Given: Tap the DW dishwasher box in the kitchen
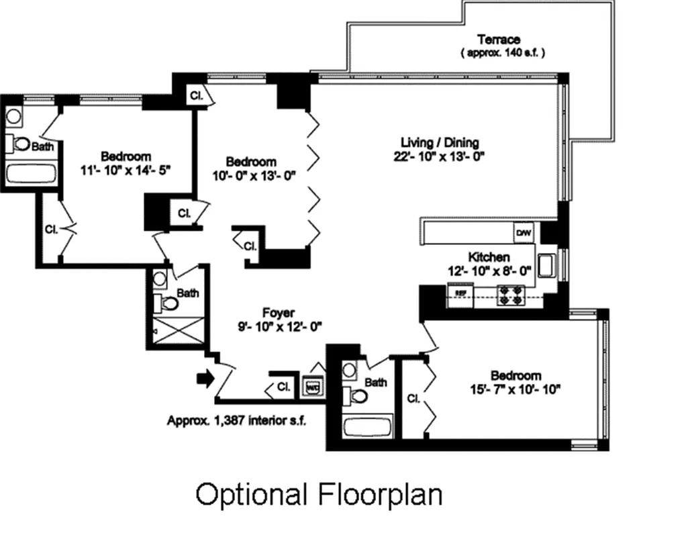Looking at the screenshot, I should (x=524, y=233).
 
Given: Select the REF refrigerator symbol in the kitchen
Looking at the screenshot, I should (x=460, y=293).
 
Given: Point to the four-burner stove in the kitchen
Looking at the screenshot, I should (x=510, y=295).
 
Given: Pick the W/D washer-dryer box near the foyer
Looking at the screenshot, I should (x=313, y=387).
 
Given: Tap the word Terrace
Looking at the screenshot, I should (x=498, y=40).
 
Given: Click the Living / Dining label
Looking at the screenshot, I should (x=440, y=142).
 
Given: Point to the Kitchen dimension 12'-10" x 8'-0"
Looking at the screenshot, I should (x=489, y=271).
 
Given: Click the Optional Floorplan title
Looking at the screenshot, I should (x=319, y=495).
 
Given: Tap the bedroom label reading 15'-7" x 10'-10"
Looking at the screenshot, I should (x=515, y=388).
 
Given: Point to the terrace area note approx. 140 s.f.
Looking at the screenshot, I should (x=502, y=52).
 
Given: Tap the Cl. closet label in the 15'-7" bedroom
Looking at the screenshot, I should (x=413, y=399).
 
